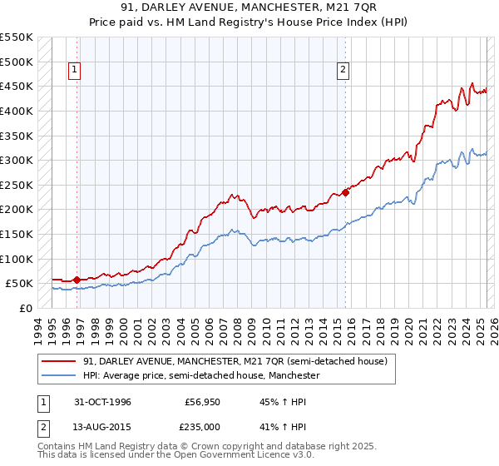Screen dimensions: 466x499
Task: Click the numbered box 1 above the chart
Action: click(x=76, y=71)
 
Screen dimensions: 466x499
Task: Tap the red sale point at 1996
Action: click(x=77, y=280)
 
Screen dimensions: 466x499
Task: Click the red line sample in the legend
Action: click(x=59, y=362)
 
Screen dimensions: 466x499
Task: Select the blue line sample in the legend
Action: click(x=59, y=376)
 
